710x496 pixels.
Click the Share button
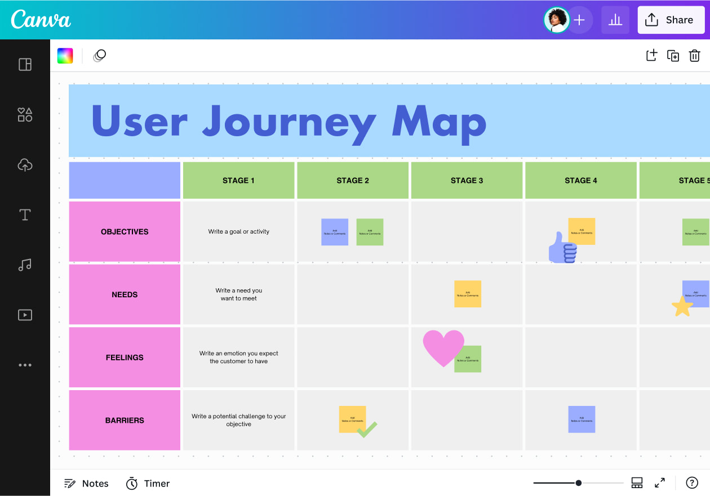(x=671, y=20)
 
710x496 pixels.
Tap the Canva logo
(x=41, y=20)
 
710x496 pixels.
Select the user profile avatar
(x=556, y=20)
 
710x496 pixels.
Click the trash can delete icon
(x=694, y=56)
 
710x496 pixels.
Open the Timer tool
(x=148, y=483)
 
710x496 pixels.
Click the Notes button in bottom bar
(x=86, y=483)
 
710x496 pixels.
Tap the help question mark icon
(x=692, y=482)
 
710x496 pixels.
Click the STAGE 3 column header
(x=467, y=181)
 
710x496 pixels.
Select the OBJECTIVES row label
(x=125, y=231)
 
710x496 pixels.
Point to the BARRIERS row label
(x=125, y=420)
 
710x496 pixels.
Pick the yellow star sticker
(x=682, y=307)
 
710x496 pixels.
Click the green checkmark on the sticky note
(x=367, y=430)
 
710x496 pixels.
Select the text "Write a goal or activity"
(x=239, y=231)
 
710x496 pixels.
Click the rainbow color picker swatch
(x=65, y=56)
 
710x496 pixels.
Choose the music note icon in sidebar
(x=25, y=265)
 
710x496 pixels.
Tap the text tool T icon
(x=25, y=215)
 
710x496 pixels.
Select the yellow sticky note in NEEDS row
(x=468, y=294)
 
